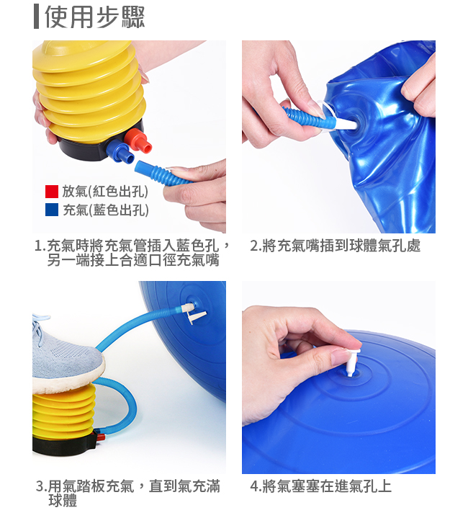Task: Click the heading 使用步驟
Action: (94, 17)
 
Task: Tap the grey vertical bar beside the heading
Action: (36, 17)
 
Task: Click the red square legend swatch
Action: (52, 191)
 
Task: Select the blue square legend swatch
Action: (52, 210)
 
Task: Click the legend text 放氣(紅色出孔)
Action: (105, 191)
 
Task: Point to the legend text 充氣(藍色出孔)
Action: (105, 210)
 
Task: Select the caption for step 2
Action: (335, 246)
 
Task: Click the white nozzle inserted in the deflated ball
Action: (345, 123)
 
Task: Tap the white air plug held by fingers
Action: (352, 361)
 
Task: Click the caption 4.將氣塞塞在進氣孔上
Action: (320, 486)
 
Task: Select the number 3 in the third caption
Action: (40, 486)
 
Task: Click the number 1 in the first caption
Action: (39, 246)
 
